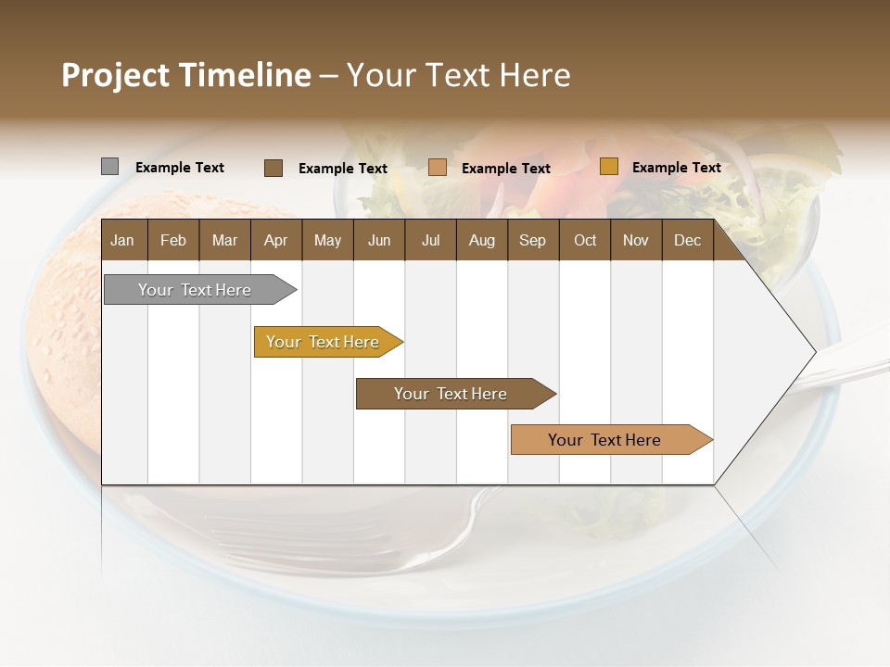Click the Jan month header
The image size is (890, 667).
122,240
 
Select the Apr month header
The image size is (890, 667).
275,240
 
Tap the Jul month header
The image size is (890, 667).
430,240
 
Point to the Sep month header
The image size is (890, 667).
532,240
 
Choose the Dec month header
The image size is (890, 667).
687,240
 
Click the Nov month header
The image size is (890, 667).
635,240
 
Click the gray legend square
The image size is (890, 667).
109,167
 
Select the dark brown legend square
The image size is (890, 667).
273,168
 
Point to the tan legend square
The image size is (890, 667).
438,168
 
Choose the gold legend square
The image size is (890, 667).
608,167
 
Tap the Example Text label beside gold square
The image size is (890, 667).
676,168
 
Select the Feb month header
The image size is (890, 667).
173,240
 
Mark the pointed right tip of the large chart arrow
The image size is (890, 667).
814,352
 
